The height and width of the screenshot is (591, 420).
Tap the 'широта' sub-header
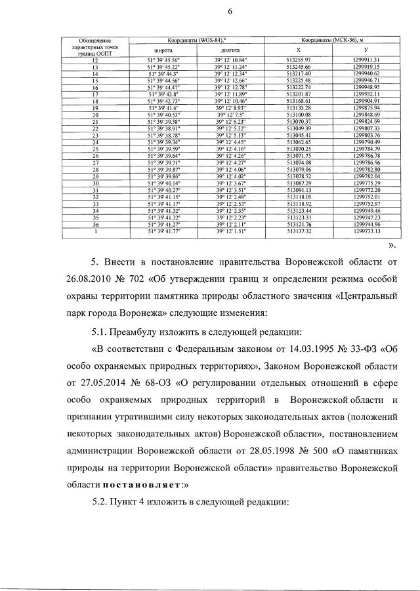pos(163,50)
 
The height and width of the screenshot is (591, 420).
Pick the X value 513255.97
pos(299,60)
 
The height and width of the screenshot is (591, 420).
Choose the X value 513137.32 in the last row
pos(299,231)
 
